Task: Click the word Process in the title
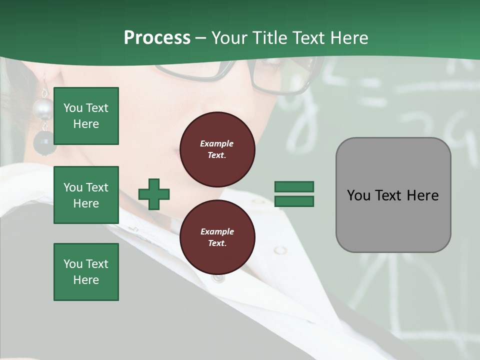157,38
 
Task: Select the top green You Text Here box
86,116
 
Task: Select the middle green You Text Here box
86,195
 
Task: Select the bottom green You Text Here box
86,272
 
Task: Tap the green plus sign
154,194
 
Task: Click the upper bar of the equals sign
294,186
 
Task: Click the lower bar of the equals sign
294,201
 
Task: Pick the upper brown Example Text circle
217,149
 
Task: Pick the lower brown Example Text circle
217,237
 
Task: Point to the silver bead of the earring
42,108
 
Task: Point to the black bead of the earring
43,143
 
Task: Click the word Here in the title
349,38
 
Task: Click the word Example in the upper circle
217,144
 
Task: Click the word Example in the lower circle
217,231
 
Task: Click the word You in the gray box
358,195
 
